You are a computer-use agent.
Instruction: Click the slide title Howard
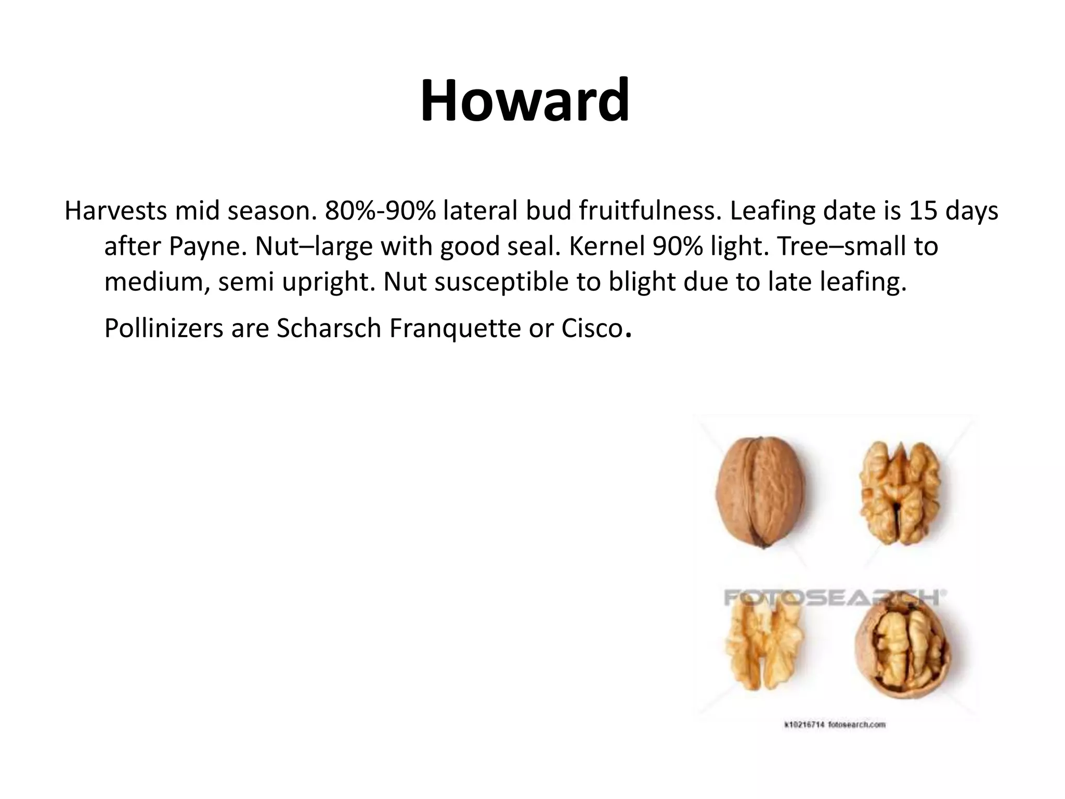(525, 100)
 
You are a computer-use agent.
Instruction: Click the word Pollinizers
(163, 328)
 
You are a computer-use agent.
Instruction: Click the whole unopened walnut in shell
(760, 492)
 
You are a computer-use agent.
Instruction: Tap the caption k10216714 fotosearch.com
(834, 725)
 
